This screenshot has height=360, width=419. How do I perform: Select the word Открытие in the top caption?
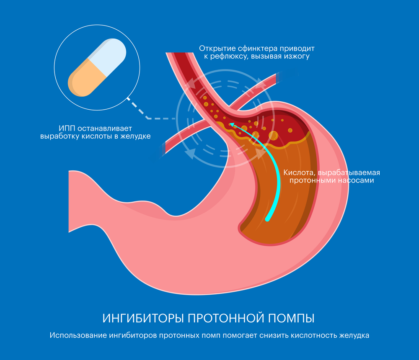tap(217, 49)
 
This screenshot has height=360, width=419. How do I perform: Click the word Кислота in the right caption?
tap(299, 172)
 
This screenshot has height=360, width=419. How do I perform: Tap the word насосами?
tap(356, 180)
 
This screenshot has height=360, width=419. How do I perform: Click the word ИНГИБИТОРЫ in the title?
tap(143, 318)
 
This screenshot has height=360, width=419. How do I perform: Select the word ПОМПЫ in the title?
tap(291, 318)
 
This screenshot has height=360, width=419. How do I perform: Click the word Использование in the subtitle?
tap(78, 335)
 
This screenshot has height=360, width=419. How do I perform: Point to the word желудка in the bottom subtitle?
tap(354, 336)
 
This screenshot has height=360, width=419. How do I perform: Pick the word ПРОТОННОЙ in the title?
tap(226, 318)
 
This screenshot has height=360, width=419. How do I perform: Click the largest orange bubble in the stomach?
tap(273, 136)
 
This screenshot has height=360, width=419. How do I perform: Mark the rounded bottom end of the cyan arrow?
tap(267, 219)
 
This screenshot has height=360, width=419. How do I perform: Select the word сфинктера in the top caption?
tap(257, 49)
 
